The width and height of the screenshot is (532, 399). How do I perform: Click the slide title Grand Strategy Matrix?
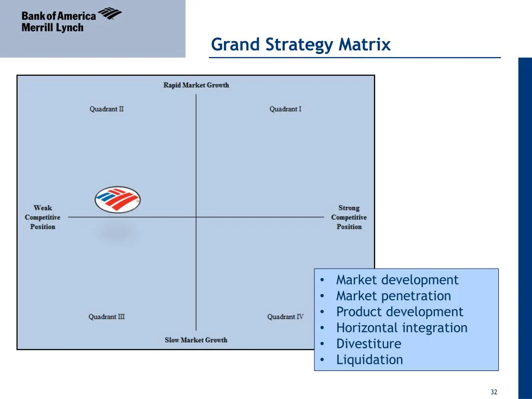[300, 45]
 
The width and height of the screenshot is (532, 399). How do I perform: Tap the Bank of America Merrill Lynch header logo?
[71, 21]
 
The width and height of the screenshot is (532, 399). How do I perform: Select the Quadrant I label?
[285, 109]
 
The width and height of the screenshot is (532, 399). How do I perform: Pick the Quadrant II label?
[107, 109]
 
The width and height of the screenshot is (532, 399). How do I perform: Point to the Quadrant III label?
[107, 317]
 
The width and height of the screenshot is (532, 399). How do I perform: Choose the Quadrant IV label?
[285, 317]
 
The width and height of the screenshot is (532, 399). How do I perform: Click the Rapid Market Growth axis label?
[196, 85]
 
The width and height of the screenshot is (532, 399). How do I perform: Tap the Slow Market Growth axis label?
[196, 340]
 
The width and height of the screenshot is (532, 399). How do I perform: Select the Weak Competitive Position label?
[43, 217]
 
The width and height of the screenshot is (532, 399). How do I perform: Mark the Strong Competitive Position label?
[349, 217]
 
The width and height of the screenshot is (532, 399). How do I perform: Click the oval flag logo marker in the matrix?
[118, 200]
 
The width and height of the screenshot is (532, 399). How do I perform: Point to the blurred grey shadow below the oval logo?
[118, 232]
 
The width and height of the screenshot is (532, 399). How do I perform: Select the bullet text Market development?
[397, 280]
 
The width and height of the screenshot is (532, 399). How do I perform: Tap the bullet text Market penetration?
[393, 296]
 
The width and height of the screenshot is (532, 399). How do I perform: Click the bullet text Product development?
[399, 312]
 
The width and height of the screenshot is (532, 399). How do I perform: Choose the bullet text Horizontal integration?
[402, 328]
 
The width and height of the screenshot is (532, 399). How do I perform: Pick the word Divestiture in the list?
[368, 344]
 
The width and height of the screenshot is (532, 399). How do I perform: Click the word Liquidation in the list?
[369, 360]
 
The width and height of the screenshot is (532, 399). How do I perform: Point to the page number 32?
[494, 392]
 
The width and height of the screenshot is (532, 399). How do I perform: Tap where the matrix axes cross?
[196, 217]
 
